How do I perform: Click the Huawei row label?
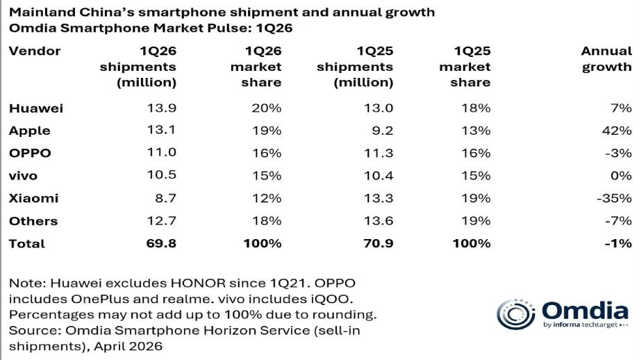pyautogui.click(x=35, y=108)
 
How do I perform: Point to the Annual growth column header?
pyautogui.click(x=606, y=59)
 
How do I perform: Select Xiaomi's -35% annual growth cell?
pyautogui.click(x=614, y=198)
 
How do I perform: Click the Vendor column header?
pyautogui.click(x=35, y=51)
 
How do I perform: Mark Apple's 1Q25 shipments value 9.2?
pyautogui.click(x=383, y=131)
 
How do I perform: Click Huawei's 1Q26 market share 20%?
pyautogui.click(x=267, y=108)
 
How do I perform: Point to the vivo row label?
pyautogui.click(x=24, y=176)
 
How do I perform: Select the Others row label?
pyautogui.click(x=33, y=221)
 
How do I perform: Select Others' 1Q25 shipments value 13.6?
pyautogui.click(x=379, y=221)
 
